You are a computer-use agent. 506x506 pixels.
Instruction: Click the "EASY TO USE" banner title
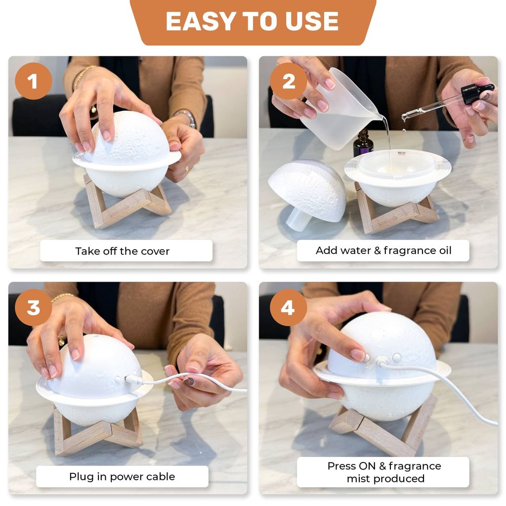coord(252,21)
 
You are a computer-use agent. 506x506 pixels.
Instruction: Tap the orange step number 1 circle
coord(33,81)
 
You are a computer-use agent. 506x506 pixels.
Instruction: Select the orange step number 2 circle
coord(289,81)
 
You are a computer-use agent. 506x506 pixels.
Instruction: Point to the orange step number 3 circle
coord(33,307)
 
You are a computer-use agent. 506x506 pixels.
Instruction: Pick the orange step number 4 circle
coord(289,307)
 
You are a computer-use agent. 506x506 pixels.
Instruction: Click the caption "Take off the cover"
coord(123,251)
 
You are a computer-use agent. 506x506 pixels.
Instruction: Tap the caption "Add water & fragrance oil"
coord(383,251)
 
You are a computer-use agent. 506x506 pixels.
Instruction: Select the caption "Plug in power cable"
coord(122,477)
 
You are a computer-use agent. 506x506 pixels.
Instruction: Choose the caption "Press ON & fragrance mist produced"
coord(384,472)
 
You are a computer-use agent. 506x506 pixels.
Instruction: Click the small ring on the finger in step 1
coord(186,169)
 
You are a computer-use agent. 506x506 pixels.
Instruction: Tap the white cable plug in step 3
coord(133,379)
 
